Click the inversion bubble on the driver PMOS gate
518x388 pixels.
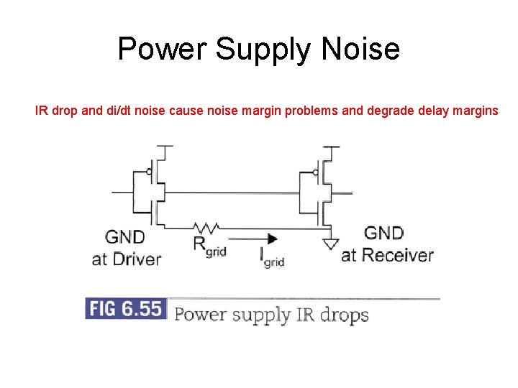click(147, 172)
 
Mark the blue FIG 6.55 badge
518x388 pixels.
click(125, 309)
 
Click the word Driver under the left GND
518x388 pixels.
click(137, 259)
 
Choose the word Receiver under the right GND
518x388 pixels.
click(397, 255)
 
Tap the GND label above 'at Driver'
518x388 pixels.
click(125, 236)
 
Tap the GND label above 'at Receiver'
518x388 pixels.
click(383, 233)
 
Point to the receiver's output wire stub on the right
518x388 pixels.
click(344, 193)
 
